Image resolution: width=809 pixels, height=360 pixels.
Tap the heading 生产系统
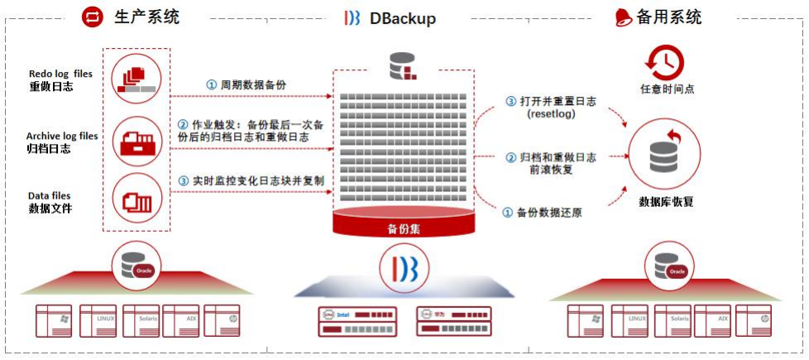pos(146,17)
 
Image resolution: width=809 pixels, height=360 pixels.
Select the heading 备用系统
pos(669,17)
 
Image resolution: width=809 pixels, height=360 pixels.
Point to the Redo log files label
pos(60,74)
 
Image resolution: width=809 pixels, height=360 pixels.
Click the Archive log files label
pos(61,136)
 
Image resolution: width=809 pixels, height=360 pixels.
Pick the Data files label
pos(50,196)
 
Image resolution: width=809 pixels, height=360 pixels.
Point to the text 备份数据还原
pos(549,213)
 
